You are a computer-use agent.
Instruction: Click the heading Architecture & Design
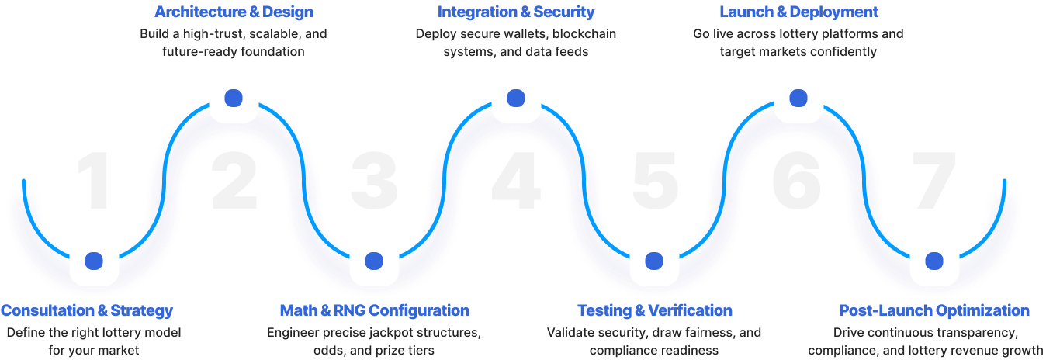point(234,12)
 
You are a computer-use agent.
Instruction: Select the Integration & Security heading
point(516,12)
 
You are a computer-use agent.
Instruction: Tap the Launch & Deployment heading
point(798,12)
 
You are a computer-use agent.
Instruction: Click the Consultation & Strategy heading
point(86,310)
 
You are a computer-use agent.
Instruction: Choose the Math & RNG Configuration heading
point(374,310)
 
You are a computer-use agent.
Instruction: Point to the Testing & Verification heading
point(654,310)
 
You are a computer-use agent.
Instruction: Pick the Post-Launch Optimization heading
point(934,310)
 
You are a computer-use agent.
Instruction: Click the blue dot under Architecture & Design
point(234,99)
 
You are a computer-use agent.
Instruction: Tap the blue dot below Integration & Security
point(516,99)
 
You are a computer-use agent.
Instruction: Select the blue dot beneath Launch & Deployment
point(798,99)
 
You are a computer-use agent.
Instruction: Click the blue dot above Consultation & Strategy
point(94,261)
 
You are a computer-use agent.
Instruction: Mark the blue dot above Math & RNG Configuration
point(374,261)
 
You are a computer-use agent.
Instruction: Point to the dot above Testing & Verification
point(654,261)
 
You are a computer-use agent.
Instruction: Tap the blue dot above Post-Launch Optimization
point(934,261)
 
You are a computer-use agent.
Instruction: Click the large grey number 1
point(95,181)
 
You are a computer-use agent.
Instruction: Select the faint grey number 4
point(516,181)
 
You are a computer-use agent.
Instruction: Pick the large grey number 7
point(934,181)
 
